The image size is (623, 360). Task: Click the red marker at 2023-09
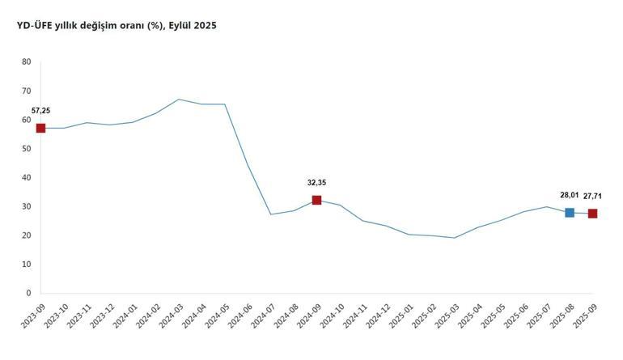[x=40, y=128]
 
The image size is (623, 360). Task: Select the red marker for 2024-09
[x=316, y=200]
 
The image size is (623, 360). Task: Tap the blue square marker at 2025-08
[x=570, y=212]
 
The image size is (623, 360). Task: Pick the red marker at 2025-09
[x=593, y=214]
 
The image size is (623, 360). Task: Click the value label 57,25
[x=41, y=110]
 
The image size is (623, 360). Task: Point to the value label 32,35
[x=316, y=183]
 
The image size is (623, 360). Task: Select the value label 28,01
[x=570, y=195]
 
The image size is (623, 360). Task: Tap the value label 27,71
[x=592, y=196]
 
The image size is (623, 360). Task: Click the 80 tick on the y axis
[x=27, y=61]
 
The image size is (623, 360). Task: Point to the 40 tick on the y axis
[x=27, y=177]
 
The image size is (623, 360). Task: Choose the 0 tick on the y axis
[x=28, y=293]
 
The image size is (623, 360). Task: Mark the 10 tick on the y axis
[x=27, y=265]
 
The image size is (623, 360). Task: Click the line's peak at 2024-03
[x=179, y=100]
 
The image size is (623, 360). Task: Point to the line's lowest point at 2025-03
[x=455, y=238]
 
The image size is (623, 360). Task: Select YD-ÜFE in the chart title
[x=35, y=26]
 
